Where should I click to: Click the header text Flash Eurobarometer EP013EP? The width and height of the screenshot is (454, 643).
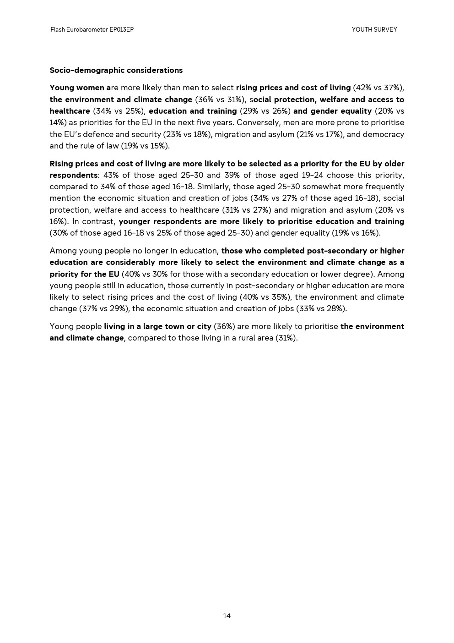92,30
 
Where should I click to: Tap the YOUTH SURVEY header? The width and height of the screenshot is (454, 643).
374,30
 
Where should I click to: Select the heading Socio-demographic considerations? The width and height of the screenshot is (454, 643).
116,70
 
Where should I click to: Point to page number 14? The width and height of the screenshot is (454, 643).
227,616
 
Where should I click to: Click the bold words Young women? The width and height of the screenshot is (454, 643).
78,88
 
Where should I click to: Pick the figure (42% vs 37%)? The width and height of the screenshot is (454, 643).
378,88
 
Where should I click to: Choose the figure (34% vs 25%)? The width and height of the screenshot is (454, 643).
119,111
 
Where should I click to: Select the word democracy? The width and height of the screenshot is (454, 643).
384,134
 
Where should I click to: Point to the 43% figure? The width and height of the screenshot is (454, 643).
111,175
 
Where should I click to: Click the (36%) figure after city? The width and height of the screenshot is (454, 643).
224,326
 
